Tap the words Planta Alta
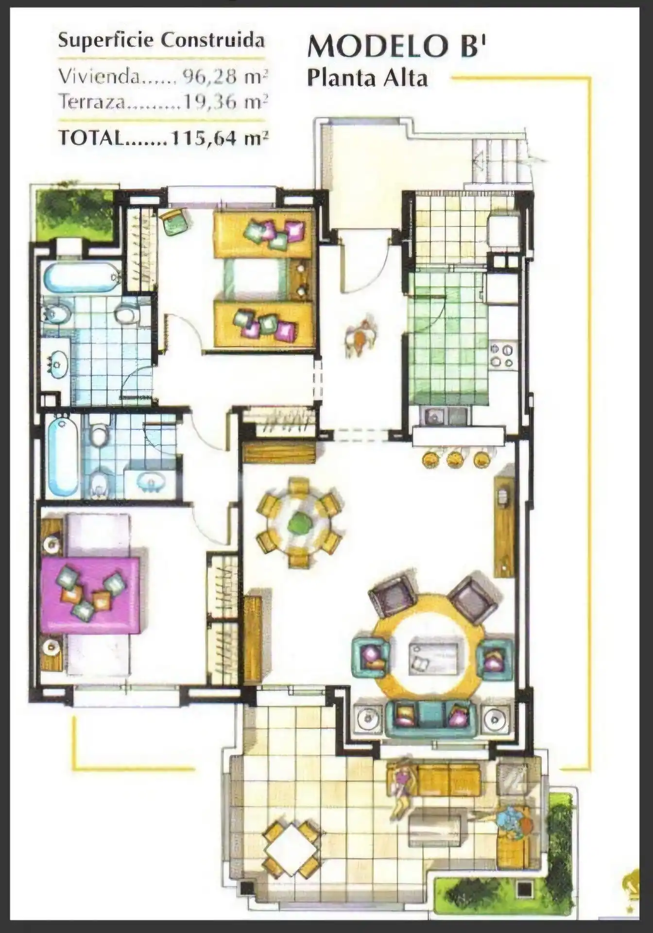(x=367, y=78)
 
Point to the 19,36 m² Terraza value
(x=225, y=102)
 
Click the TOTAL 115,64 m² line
(x=163, y=138)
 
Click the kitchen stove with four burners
(x=502, y=356)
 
